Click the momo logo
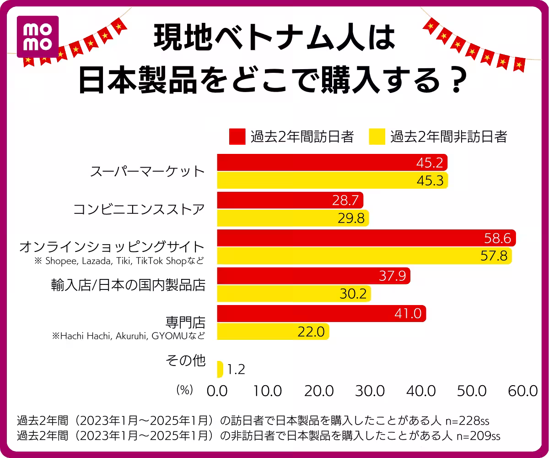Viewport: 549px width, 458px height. pyautogui.click(x=38, y=37)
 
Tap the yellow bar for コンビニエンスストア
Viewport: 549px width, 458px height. pyautogui.click(x=293, y=218)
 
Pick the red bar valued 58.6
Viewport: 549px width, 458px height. pyautogui.click(x=366, y=238)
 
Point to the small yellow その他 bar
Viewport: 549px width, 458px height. pyautogui.click(x=220, y=369)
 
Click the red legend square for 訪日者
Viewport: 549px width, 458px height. pyautogui.click(x=237, y=136)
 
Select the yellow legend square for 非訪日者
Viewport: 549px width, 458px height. pyautogui.click(x=377, y=136)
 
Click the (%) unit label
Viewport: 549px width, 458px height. pyautogui.click(x=185, y=390)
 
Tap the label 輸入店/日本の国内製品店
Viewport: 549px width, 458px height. pyautogui.click(x=128, y=285)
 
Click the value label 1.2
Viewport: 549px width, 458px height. pyautogui.click(x=236, y=369)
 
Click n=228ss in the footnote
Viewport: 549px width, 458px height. pyautogui.click(x=464, y=420)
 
